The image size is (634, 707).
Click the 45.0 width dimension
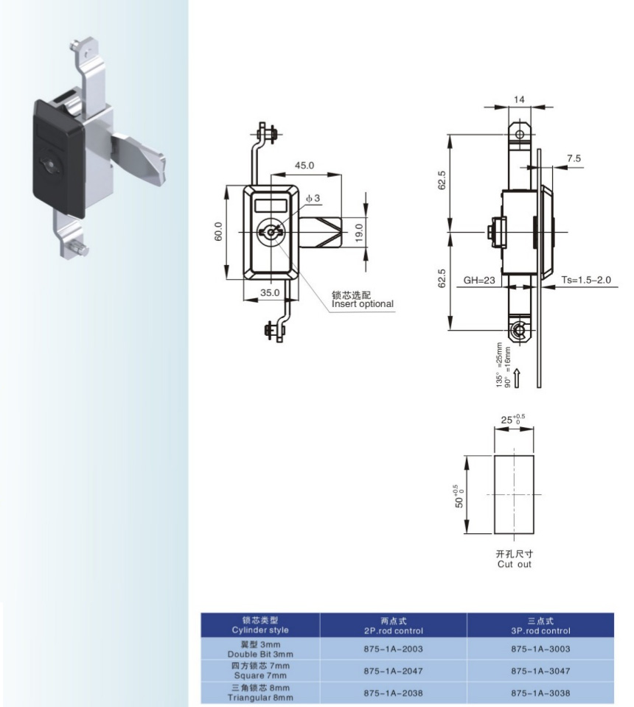[304, 166]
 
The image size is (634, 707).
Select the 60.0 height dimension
[219, 231]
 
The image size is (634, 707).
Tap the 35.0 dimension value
[270, 292]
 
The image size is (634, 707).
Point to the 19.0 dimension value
[359, 233]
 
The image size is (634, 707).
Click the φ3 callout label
[313, 198]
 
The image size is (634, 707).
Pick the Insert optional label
[363, 304]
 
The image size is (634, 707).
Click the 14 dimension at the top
[519, 99]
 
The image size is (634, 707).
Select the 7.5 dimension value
[574, 158]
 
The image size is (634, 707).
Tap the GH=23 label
[479, 280]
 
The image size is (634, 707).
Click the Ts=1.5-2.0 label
[586, 280]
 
